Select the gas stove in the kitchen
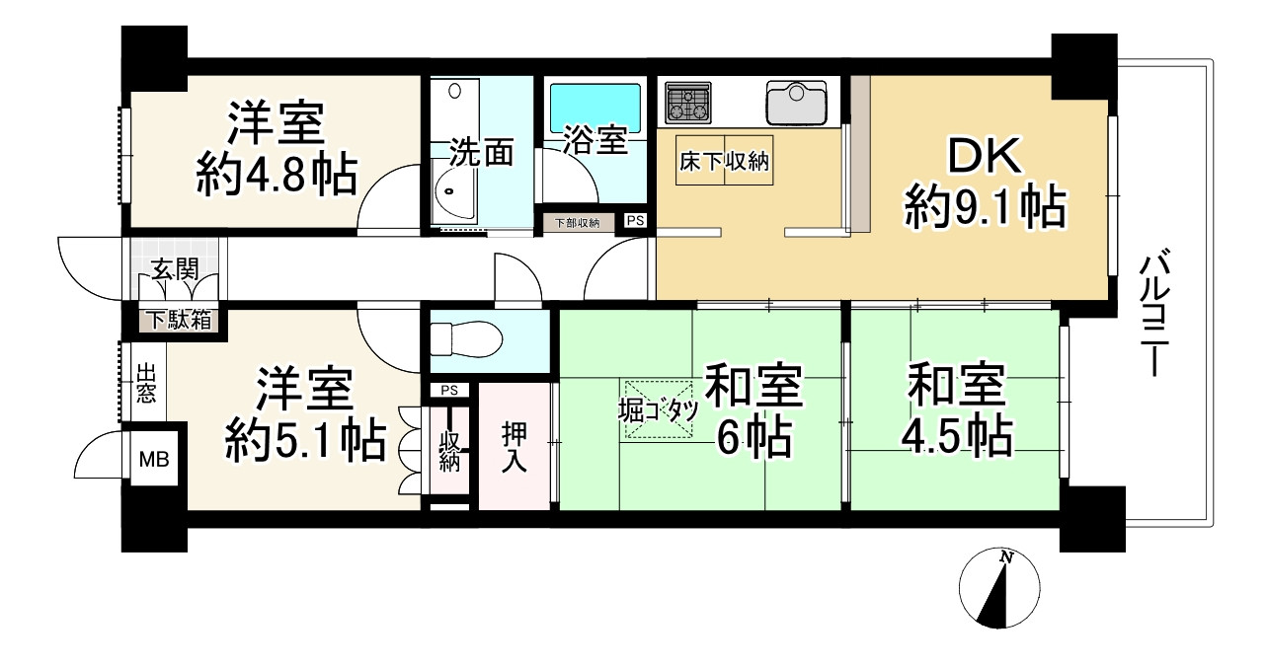689,102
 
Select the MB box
153,459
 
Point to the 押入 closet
514,446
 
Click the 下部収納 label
578,223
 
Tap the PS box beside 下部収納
634,221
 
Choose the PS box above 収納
450,390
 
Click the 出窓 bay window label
145,383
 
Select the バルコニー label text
1151,314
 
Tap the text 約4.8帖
276,178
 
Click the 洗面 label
482,153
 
